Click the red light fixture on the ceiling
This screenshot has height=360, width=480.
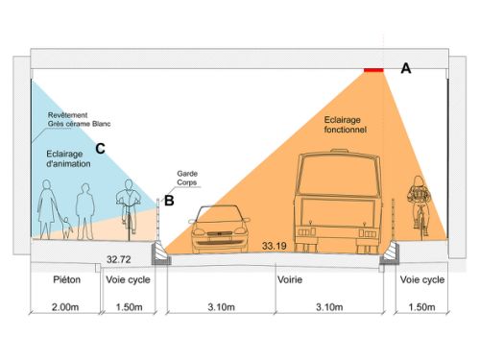tap(373, 70)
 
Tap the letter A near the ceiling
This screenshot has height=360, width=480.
tap(406, 68)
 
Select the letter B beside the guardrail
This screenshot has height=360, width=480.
tap(169, 201)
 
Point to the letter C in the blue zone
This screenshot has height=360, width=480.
tap(100, 149)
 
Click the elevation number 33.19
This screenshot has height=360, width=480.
tap(275, 246)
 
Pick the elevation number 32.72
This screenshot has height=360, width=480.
tap(119, 259)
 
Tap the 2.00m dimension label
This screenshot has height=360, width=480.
tap(65, 307)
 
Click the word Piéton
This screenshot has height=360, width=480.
tap(66, 279)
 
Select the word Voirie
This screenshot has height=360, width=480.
tap(290, 279)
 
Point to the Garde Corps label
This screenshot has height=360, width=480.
tap(187, 178)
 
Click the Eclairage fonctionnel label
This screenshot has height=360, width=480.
tap(345, 125)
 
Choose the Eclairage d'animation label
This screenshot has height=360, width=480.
tap(68, 158)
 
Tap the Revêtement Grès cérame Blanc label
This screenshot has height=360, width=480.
tap(79, 119)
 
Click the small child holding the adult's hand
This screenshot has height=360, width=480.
tap(66, 228)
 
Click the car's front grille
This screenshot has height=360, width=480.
tap(220, 233)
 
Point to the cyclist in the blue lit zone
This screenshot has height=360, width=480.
tap(129, 209)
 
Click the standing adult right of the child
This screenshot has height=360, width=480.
tap(84, 211)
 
